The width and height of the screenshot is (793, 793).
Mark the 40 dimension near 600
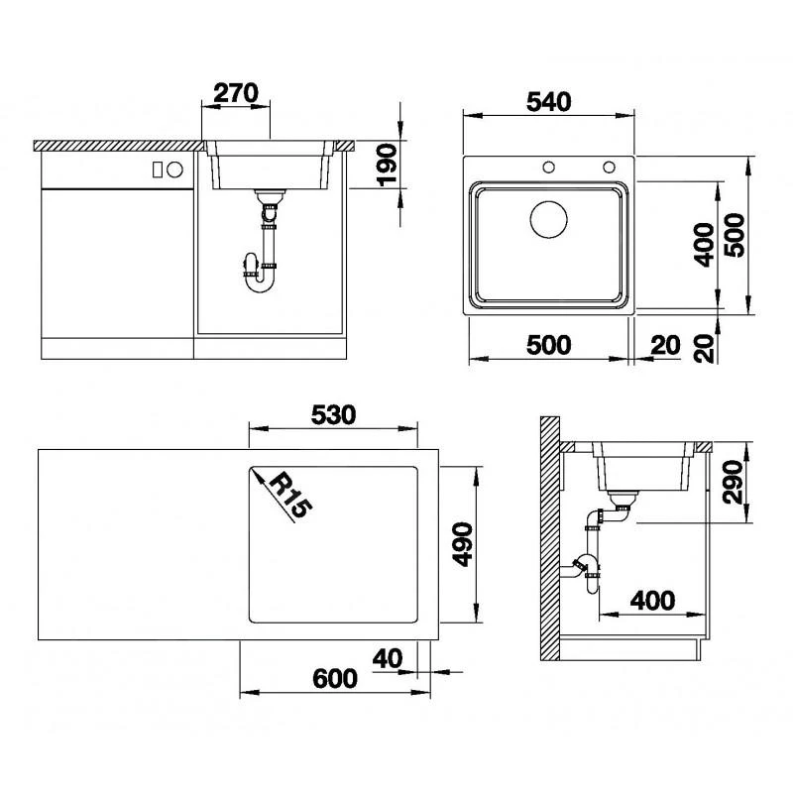coord(388,657)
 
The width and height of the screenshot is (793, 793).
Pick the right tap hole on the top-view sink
coord(609,166)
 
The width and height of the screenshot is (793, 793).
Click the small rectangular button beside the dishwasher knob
coord(157,170)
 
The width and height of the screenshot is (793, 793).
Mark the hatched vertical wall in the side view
coord(549,540)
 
